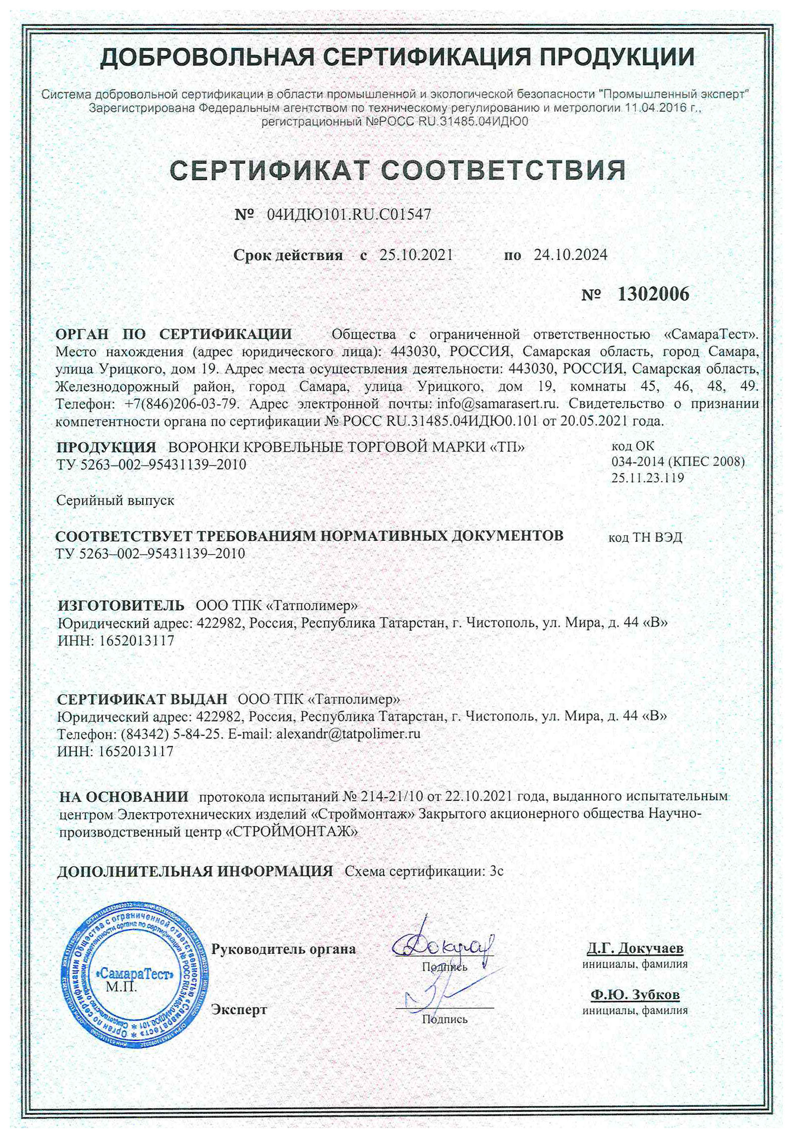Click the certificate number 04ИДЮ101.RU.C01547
(x=348, y=214)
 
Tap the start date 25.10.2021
(x=416, y=255)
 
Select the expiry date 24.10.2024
(x=570, y=255)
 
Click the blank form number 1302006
(x=653, y=295)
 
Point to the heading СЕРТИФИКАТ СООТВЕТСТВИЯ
(x=397, y=170)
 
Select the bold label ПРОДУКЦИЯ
(x=106, y=447)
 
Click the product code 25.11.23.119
(x=648, y=478)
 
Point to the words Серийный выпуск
(x=115, y=500)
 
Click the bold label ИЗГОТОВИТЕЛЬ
(x=121, y=606)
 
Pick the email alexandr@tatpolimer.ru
(x=348, y=733)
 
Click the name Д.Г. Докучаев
(x=635, y=949)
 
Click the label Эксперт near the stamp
(x=239, y=1009)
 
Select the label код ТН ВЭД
(x=645, y=537)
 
